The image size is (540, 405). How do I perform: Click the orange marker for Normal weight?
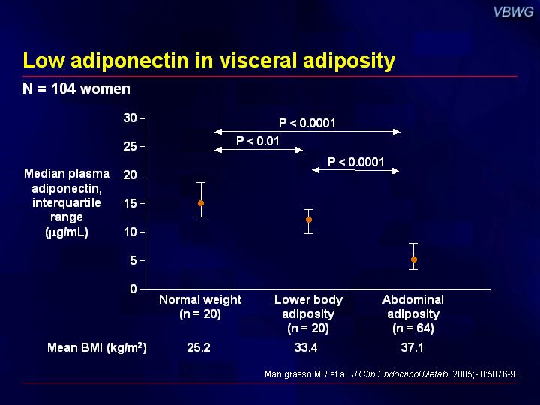201,203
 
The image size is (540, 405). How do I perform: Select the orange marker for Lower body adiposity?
309,220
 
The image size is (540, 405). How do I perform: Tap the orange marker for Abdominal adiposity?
414,259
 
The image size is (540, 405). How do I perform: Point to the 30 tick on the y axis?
130,118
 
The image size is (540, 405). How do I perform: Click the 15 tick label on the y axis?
130,203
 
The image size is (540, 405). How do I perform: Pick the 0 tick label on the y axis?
133,289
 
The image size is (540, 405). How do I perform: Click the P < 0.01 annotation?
257,141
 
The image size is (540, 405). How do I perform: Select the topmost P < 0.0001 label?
307,123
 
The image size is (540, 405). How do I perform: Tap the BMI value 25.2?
199,347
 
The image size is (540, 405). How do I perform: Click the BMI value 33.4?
306,347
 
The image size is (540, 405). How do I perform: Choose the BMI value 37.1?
412,347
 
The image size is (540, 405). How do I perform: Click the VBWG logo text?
514,12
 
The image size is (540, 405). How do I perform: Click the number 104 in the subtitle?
63,88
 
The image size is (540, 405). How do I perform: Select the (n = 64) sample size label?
413,328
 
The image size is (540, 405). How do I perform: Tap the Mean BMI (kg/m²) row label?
97,347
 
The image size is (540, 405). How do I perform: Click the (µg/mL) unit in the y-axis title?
67,232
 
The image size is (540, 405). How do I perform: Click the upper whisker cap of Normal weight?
201,182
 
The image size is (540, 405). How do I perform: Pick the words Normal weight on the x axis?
200,299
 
